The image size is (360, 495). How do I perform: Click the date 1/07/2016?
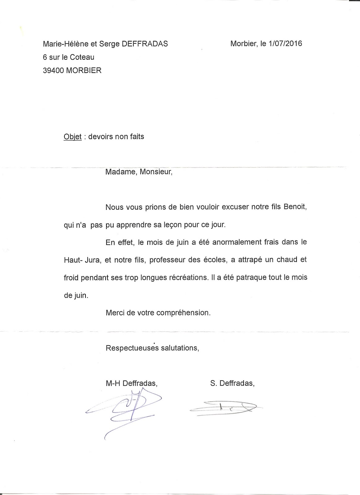point(285,44)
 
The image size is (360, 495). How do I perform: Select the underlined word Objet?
point(72,137)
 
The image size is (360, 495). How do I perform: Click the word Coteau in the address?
point(82,57)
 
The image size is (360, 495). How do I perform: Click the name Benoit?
point(295,207)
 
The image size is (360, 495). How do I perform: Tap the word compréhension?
point(183,313)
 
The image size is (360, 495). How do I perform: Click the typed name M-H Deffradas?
point(131,383)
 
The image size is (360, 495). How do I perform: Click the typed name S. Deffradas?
point(232,383)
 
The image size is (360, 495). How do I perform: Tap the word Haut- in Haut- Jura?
point(73,260)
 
